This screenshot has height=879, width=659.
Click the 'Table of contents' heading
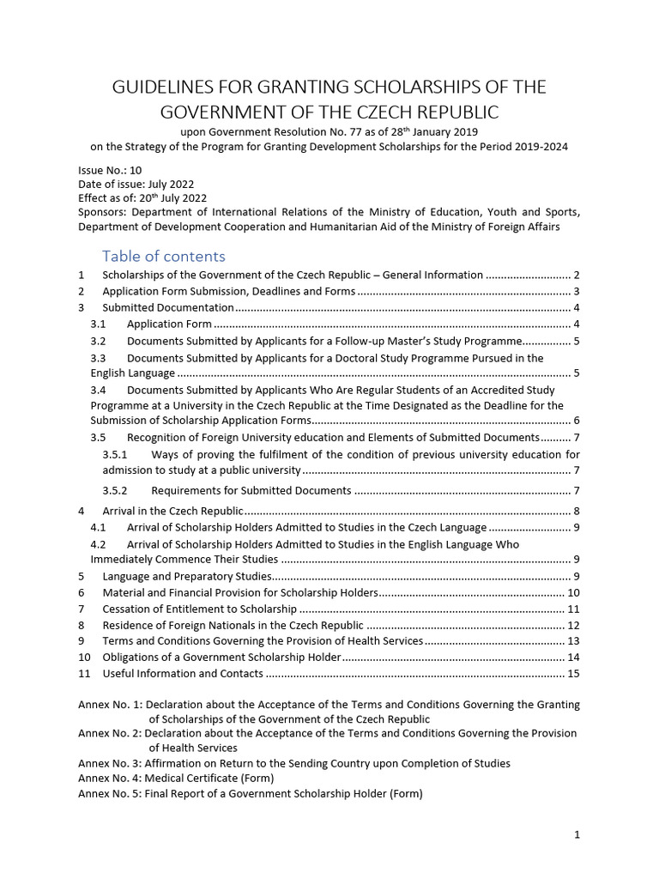[163, 256]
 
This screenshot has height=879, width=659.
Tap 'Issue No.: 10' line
[110, 170]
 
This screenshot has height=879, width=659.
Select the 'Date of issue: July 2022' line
[136, 184]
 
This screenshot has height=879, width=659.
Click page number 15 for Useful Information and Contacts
[573, 674]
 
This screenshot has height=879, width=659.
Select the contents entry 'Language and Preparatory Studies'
[187, 576]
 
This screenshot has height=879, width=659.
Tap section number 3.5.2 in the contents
[114, 490]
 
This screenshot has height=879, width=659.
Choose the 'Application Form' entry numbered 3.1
[169, 324]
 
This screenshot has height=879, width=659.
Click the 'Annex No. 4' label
[109, 778]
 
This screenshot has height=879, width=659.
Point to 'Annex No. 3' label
[109, 762]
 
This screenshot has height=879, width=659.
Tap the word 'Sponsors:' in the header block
[103, 212]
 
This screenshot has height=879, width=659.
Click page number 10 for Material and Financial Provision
[573, 592]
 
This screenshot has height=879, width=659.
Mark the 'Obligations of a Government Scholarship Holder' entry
[221, 658]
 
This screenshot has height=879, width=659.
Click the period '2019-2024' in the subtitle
[542, 146]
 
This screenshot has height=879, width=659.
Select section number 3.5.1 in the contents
[114, 454]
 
